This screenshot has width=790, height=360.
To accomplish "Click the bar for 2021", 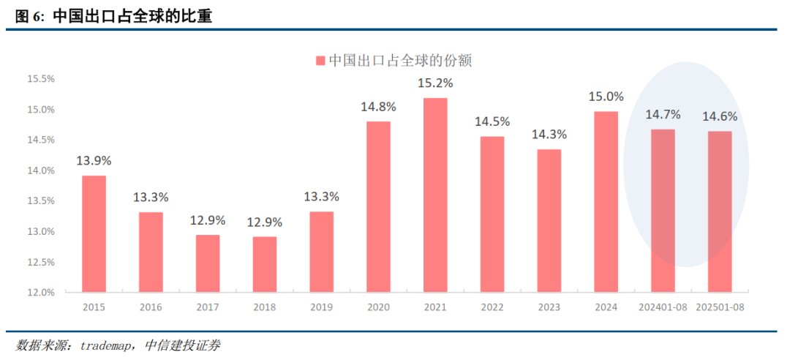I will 435,195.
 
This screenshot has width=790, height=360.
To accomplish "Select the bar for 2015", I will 93,234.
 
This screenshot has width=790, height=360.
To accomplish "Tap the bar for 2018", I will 264,264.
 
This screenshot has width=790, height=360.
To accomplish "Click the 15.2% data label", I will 435,83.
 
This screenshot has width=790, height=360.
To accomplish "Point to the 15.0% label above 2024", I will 606,96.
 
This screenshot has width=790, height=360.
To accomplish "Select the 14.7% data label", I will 663,114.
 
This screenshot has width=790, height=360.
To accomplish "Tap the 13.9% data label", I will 93,160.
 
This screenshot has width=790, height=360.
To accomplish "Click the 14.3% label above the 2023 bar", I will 549,135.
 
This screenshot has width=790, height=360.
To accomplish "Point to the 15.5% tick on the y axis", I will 41,79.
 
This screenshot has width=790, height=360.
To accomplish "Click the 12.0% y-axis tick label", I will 41,293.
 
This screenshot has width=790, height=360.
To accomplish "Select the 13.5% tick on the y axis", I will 41,201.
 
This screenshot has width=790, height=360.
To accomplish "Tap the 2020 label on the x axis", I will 378,307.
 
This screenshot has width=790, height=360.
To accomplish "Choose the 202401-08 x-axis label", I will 663,307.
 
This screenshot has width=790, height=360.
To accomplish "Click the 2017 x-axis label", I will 207,307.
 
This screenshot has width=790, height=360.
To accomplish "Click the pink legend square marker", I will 320,60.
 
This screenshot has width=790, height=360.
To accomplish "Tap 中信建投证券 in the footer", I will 183,345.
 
